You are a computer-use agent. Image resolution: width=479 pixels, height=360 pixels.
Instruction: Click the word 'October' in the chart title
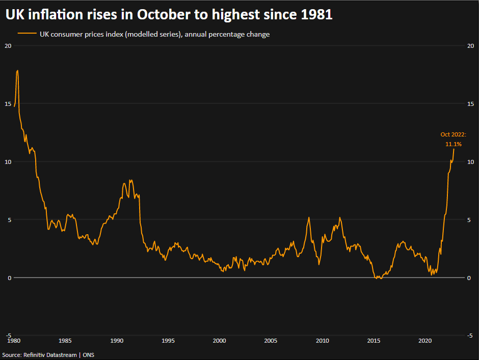coord(164,15)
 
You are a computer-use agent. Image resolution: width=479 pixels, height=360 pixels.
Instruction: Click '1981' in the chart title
coord(315,15)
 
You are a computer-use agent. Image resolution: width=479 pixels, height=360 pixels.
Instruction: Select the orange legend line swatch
coord(26,34)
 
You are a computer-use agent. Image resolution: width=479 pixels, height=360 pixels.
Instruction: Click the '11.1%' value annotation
coord(454,145)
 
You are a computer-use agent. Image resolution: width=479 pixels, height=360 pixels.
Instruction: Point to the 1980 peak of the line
coord(17,71)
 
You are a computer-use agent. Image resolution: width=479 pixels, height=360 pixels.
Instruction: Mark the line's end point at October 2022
coord(454,149)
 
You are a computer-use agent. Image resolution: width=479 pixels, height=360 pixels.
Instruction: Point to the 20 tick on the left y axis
coord(7,46)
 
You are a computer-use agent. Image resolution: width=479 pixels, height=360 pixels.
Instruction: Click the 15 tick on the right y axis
coord(471,104)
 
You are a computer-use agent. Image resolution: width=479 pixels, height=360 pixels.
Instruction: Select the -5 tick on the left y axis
coord(7,336)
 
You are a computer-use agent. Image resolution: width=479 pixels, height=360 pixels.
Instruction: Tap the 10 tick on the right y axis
coord(471,162)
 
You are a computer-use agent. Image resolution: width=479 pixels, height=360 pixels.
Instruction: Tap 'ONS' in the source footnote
coord(88,354)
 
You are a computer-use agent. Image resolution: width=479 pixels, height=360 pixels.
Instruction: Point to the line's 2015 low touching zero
coord(379,278)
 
